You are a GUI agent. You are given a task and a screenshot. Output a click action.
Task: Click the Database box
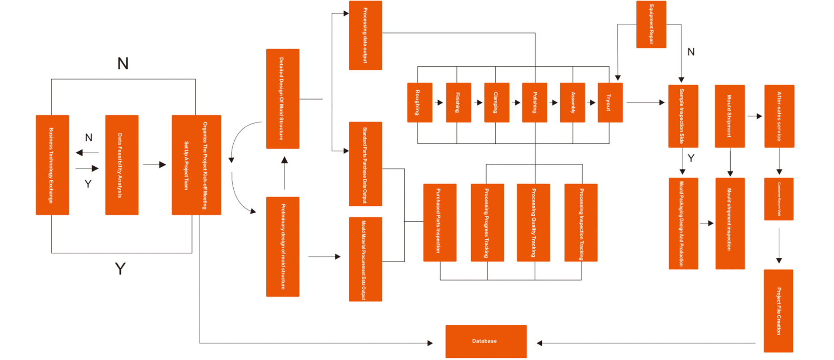click(486, 341)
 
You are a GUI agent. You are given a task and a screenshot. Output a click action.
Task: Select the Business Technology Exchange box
click(52, 165)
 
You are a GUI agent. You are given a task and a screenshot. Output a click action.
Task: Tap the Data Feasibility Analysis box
click(122, 165)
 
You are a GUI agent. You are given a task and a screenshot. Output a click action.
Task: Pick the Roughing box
click(420, 102)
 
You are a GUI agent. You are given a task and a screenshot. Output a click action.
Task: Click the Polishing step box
click(534, 102)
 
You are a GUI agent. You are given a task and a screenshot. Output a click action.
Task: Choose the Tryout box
click(610, 102)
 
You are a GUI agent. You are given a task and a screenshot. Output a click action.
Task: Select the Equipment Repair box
click(651, 24)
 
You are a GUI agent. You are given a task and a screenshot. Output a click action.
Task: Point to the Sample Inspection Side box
click(683, 116)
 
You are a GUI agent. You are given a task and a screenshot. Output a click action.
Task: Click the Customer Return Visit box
click(778, 199)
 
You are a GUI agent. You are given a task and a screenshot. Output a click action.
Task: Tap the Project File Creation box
click(778, 310)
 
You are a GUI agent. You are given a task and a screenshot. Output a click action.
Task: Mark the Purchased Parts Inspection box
click(440, 222)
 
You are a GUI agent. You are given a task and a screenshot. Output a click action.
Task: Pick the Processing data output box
click(365, 35)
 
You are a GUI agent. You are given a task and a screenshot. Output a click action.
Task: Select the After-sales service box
click(779, 116)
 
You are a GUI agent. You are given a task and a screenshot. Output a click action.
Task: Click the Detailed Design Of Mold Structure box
click(282, 99)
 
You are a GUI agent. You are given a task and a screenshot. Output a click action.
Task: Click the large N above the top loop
click(123, 64)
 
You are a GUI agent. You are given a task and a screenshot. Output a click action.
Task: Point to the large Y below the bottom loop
click(120, 269)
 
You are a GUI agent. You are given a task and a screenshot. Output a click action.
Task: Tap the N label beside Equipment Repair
click(691, 52)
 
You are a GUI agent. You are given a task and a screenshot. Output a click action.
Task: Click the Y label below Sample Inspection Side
click(691, 158)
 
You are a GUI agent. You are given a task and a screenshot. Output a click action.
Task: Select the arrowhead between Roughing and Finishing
click(440, 103)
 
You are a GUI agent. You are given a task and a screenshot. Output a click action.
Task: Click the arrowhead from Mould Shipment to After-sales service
click(759, 116)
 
